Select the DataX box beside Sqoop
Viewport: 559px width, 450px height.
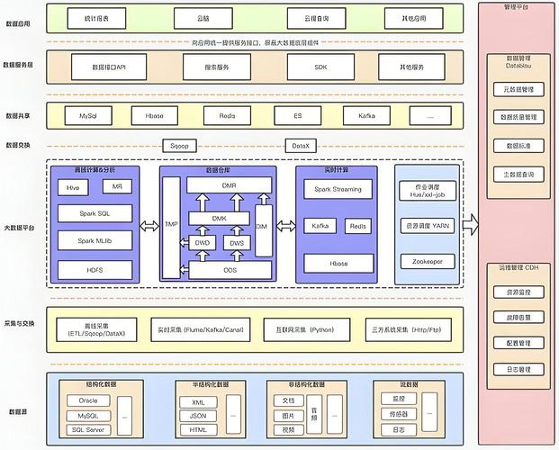(x=300, y=145)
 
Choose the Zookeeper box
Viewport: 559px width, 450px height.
(x=427, y=261)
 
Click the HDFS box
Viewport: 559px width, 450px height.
(x=95, y=269)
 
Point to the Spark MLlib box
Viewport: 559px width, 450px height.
(x=95, y=240)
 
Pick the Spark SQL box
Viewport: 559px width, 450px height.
(x=95, y=213)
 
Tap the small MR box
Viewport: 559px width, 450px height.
(x=117, y=186)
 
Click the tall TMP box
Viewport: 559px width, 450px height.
(x=170, y=225)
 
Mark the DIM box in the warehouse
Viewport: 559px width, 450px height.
(x=262, y=226)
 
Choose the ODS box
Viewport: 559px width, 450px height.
(x=230, y=269)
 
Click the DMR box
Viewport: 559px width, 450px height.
(x=230, y=184)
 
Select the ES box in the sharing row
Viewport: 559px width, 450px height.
(x=297, y=116)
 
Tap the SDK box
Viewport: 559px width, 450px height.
(x=321, y=67)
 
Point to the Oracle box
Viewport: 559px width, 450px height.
(x=87, y=401)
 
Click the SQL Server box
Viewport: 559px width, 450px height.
(x=87, y=429)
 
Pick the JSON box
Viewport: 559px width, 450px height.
(x=198, y=416)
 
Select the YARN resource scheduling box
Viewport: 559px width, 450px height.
(x=427, y=225)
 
